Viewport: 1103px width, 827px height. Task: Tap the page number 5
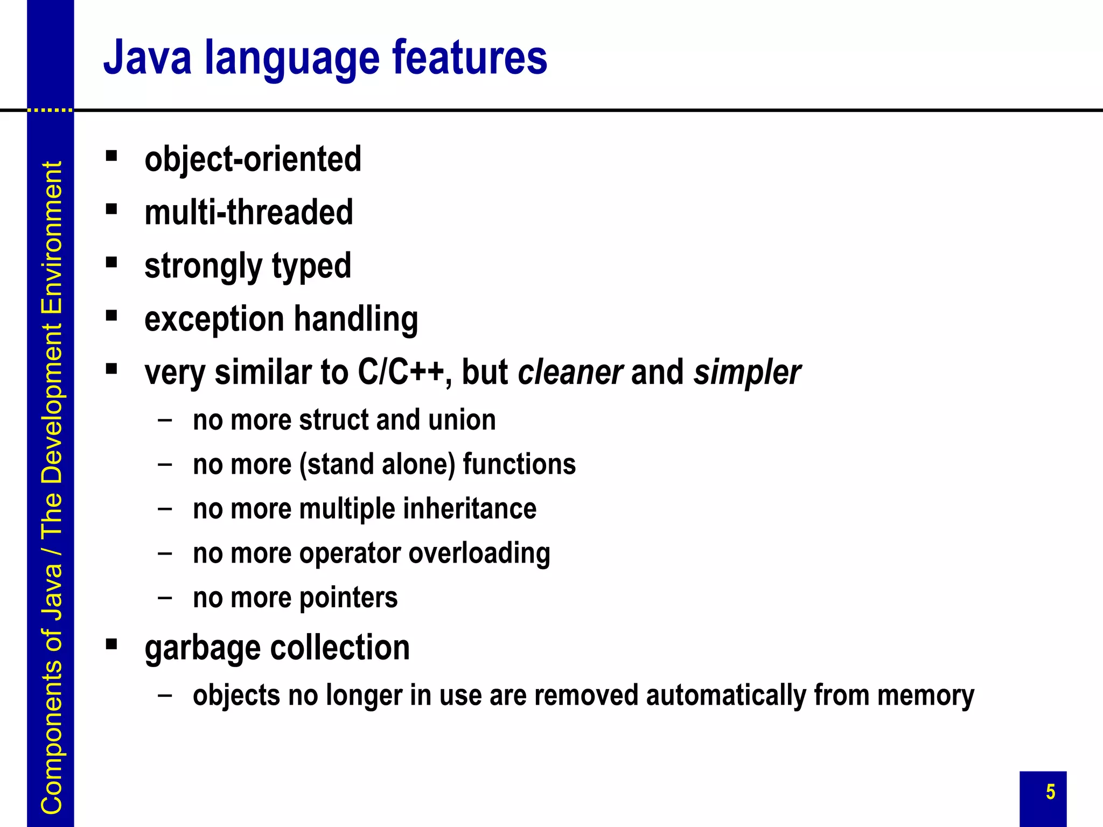tap(1050, 792)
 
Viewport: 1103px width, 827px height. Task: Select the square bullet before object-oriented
tap(111, 156)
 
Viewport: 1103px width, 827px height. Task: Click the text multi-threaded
tap(249, 212)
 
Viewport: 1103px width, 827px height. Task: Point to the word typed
tap(311, 266)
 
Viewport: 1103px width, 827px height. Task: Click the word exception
tap(214, 319)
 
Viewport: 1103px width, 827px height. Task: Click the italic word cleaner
tap(570, 372)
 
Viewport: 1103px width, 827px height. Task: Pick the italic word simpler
tap(747, 372)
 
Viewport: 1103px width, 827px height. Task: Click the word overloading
tap(479, 553)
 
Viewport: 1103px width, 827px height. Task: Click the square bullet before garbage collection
tap(111, 644)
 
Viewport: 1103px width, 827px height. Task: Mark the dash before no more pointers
tap(165, 597)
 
